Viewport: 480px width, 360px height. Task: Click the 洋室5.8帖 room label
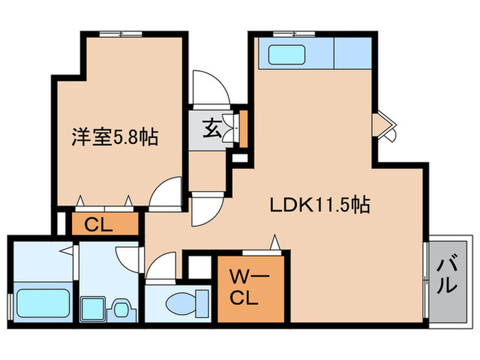click(115, 138)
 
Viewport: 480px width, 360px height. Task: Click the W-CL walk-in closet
click(249, 288)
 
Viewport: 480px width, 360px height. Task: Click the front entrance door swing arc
click(206, 86)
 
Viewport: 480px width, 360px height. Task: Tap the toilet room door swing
click(160, 265)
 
